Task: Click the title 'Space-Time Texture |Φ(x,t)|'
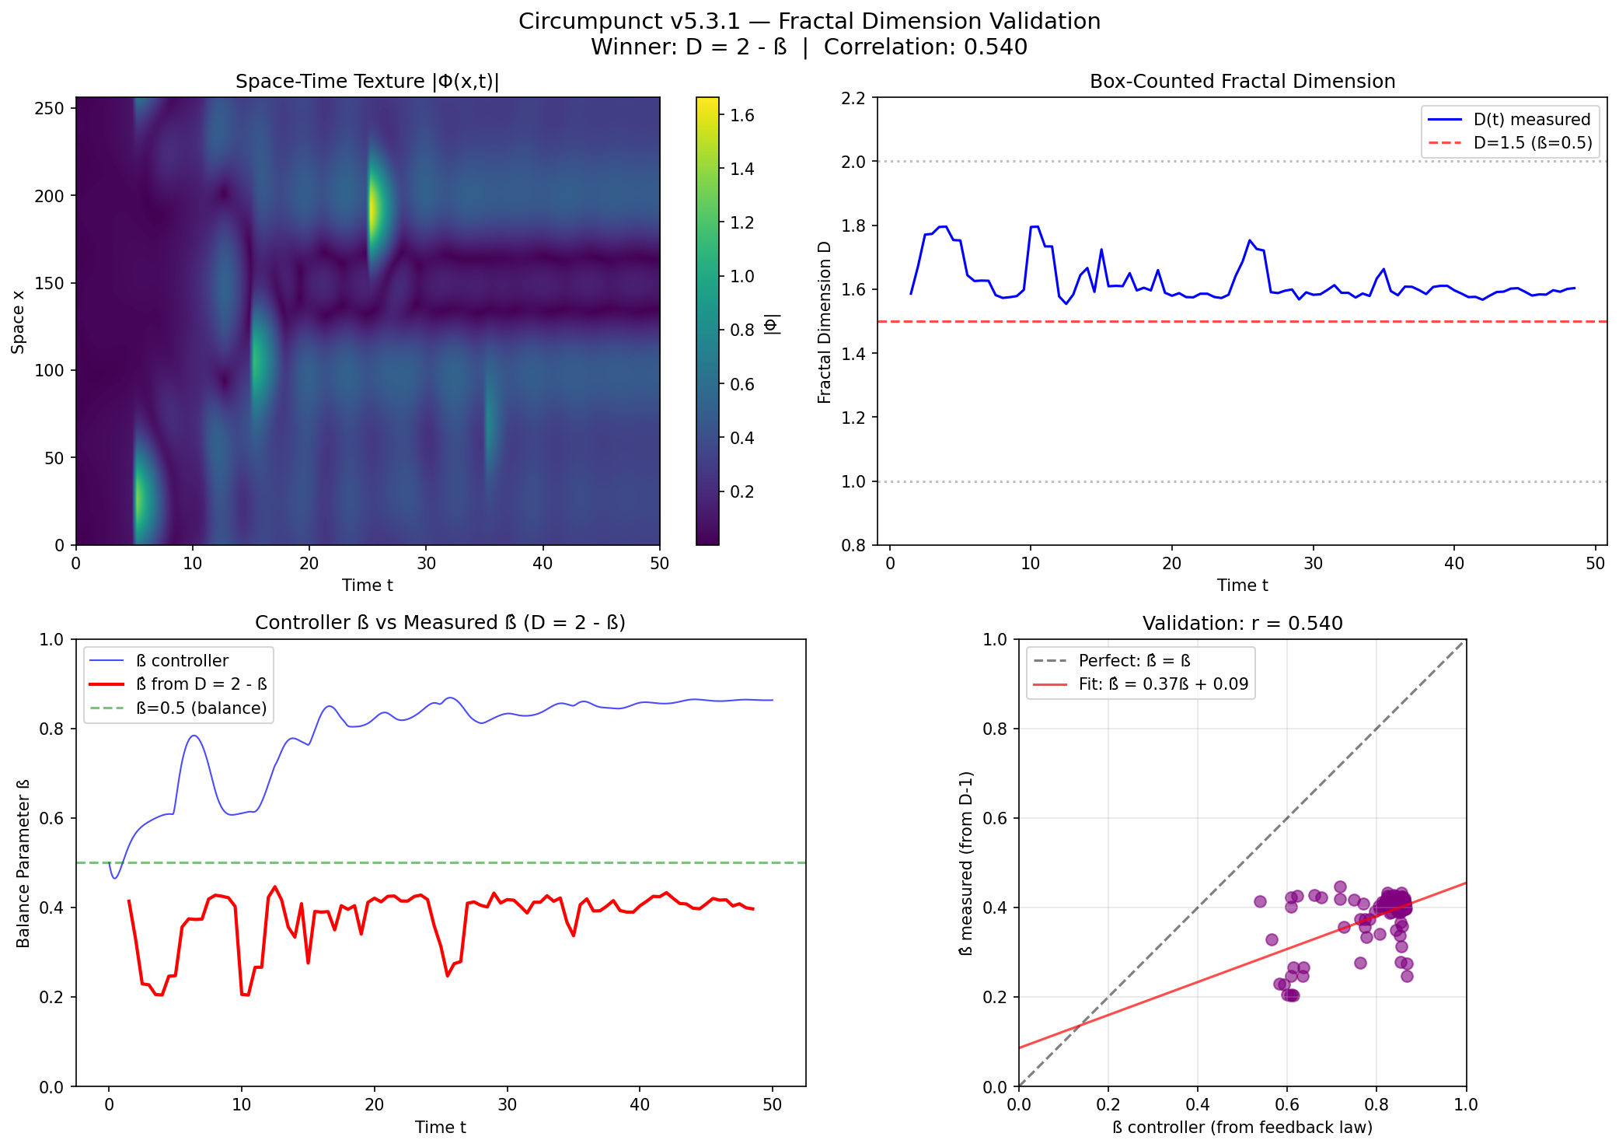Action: pos(367,82)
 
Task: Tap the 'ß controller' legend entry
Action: pos(182,661)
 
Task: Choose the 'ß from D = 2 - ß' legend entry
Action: pos(201,684)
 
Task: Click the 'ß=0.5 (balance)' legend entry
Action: pos(201,708)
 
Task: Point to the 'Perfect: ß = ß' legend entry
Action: pos(1134,661)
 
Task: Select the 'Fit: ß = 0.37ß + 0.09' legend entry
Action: pos(1163,684)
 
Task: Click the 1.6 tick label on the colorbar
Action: pos(742,115)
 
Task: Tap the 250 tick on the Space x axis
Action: pos(49,108)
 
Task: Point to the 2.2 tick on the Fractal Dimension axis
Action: pos(854,98)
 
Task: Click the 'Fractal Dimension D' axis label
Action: pos(825,322)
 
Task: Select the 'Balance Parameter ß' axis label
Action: pos(23,863)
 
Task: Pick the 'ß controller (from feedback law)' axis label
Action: pos(1242,1128)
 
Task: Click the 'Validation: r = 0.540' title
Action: pos(1242,624)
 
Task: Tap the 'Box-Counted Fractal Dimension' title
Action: pos(1242,82)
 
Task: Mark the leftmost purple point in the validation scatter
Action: pos(1260,901)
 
